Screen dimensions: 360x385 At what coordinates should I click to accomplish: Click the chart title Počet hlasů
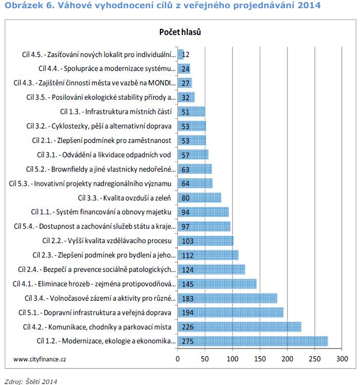pos(180,32)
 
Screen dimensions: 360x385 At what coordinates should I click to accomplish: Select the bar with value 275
pos(253,341)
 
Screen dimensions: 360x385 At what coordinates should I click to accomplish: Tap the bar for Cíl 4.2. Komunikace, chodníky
pos(240,327)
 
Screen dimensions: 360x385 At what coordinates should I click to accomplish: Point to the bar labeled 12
pos(181,54)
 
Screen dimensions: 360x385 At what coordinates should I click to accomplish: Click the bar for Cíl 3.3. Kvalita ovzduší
pos(200,198)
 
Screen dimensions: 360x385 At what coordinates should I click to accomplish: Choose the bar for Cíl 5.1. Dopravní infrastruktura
pos(231,313)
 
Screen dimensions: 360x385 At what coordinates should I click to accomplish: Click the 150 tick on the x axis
pos(260,359)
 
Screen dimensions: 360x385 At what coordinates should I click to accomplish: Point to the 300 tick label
pos(342,359)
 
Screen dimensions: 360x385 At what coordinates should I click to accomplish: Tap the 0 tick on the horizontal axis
pos(177,359)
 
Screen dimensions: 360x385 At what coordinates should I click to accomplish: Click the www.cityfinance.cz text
pos(40,359)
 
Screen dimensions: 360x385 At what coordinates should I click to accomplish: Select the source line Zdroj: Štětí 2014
pos(31,381)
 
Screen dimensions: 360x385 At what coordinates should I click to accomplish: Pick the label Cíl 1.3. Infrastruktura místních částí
pos(116,112)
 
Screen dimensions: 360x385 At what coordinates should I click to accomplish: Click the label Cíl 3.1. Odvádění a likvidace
pos(104,155)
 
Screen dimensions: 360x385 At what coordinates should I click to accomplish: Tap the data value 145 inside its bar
pos(188,284)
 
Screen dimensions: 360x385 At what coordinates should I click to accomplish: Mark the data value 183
pos(188,299)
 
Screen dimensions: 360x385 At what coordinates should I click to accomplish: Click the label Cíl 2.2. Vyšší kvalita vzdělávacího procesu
pos(107,241)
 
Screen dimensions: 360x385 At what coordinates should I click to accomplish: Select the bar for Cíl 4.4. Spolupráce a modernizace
pos(184,68)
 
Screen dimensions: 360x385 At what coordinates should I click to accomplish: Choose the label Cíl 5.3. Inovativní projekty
pos(90,184)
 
